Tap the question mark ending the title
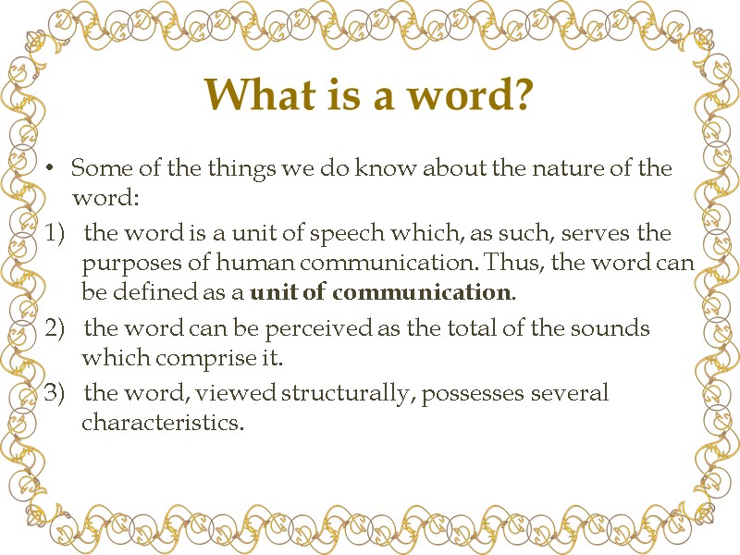click(x=524, y=93)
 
